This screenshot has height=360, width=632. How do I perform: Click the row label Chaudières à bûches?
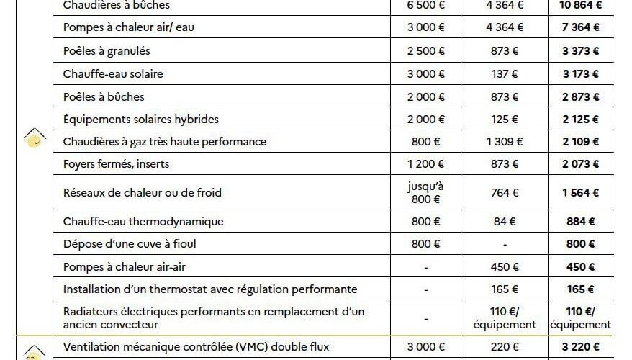click(117, 6)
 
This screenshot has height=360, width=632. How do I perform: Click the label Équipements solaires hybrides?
click(140, 120)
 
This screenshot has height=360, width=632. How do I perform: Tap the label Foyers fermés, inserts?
click(116, 164)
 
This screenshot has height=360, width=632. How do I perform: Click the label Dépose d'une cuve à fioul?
click(130, 244)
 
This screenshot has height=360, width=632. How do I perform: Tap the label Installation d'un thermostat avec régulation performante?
click(210, 290)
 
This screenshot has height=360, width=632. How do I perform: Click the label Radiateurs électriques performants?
click(214, 318)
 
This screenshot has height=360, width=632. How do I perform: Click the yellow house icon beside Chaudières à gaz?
click(32, 138)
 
